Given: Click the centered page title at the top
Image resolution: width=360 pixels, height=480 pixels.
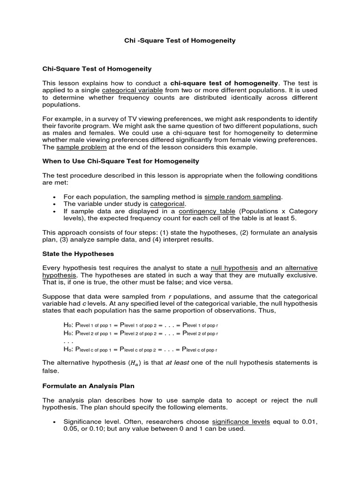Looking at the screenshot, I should (x=180, y=41).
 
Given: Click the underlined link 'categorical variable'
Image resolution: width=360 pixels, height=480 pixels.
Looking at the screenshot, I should (x=133, y=90).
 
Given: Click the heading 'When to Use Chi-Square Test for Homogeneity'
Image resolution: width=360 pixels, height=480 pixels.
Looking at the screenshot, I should (x=120, y=161).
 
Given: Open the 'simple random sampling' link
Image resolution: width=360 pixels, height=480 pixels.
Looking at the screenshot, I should (x=243, y=197).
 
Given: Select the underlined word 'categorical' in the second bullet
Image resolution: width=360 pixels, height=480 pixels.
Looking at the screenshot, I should (x=168, y=204).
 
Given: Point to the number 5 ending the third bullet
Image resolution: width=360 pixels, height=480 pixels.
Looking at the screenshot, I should (x=294, y=218).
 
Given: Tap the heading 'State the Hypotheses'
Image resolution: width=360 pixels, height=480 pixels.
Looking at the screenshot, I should (x=78, y=254).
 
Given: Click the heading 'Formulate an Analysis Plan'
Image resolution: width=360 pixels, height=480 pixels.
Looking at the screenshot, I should (x=88, y=386).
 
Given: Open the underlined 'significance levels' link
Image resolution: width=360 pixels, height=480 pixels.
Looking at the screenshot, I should (x=241, y=422).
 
